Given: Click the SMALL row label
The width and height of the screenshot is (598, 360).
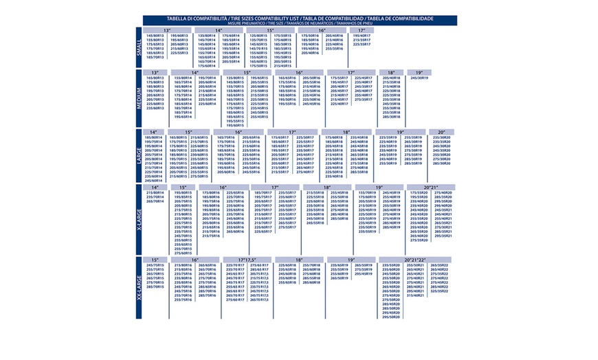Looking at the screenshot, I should click(x=140, y=47).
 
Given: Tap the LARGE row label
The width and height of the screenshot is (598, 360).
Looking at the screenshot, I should click(x=140, y=155).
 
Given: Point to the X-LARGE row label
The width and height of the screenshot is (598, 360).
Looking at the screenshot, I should click(x=140, y=214).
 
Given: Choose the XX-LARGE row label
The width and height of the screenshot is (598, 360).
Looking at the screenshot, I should click(x=140, y=286).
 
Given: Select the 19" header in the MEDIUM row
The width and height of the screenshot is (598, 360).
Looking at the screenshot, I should click(x=419, y=72).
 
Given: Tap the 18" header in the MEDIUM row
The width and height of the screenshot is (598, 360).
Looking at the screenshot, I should click(x=391, y=72).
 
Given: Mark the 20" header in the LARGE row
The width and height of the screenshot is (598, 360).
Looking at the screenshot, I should click(x=441, y=132).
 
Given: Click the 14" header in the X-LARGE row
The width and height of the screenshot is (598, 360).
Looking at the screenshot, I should click(x=155, y=187).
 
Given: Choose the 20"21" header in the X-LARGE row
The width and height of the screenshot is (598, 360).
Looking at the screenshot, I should click(x=431, y=187).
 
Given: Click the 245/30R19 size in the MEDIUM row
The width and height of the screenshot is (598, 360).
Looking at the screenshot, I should click(x=419, y=78).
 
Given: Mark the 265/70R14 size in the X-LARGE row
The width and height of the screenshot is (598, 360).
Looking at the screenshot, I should click(x=155, y=201).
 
